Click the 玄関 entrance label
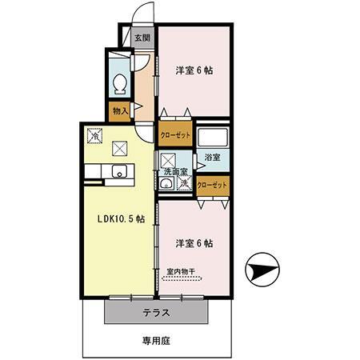click(x=142, y=37)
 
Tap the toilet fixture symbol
click(x=119, y=82)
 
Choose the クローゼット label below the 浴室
click(x=212, y=185)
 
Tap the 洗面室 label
click(x=175, y=171)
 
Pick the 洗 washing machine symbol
click(x=183, y=184)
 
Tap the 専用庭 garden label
click(x=156, y=340)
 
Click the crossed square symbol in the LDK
click(x=120, y=147)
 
